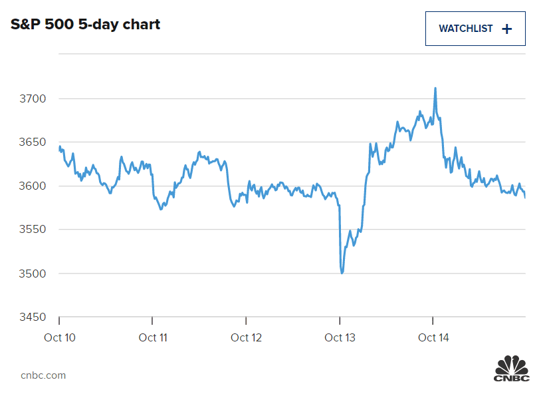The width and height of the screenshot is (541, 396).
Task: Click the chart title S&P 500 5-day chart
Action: click(x=86, y=25)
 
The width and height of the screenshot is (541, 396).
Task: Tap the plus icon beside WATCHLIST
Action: click(x=507, y=29)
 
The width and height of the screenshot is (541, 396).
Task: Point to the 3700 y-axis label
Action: click(x=33, y=99)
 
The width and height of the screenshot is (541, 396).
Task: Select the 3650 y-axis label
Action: click(x=33, y=142)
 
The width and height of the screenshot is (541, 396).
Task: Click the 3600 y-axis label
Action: click(x=33, y=186)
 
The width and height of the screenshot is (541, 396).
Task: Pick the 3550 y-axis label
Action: click(x=33, y=230)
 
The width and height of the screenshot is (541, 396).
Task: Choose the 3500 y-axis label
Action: click(x=33, y=273)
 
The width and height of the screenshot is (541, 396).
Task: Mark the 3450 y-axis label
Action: click(x=33, y=317)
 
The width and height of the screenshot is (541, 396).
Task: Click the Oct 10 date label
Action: click(x=60, y=337)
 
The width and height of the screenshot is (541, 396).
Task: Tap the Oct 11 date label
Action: click(x=153, y=337)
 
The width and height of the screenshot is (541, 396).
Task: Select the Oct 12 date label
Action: click(x=247, y=337)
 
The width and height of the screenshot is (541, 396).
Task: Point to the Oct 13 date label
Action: click(x=340, y=337)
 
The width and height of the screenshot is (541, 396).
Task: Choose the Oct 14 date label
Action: click(x=433, y=337)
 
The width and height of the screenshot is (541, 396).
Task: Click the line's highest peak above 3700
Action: click(x=435, y=88)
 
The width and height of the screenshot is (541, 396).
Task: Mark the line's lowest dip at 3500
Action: click(x=342, y=272)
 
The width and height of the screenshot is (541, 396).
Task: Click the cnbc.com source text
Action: click(x=43, y=375)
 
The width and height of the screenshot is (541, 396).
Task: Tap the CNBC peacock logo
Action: click(x=511, y=369)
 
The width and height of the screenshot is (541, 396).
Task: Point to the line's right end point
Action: click(x=525, y=198)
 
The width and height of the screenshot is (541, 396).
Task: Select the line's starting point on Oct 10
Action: click(x=59, y=146)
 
